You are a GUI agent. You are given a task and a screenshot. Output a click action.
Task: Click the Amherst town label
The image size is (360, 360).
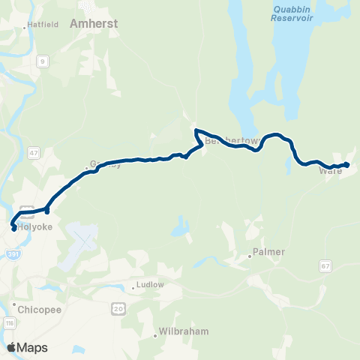coord(94,24)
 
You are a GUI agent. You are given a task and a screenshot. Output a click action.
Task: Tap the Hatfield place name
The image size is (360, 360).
coord(43,25)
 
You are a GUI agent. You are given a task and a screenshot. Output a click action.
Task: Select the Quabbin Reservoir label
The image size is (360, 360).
coord(292,11)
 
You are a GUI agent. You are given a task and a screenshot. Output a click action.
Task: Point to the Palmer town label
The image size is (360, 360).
coord(269,252)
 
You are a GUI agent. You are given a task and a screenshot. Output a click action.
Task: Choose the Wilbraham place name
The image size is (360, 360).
coord(184,331)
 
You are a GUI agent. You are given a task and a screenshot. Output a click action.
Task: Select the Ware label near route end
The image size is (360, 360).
coord(330,171)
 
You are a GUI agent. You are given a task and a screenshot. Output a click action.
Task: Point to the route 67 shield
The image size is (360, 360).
coord(324,265)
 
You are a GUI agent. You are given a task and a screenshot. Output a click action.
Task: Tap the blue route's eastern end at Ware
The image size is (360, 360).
coord(346,164)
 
